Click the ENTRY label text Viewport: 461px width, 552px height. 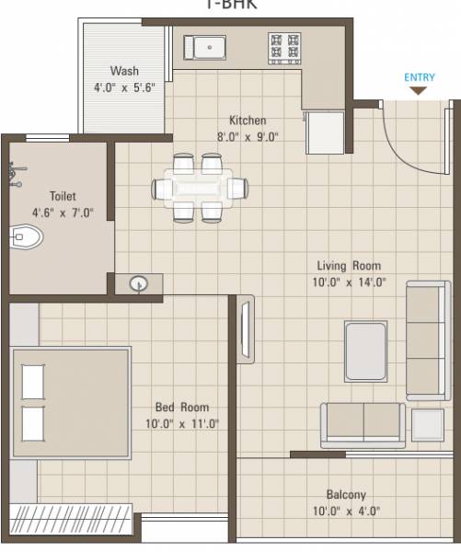coord(419,77)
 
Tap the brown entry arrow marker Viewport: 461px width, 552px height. coord(419,90)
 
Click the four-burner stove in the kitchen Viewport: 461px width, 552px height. coord(283,47)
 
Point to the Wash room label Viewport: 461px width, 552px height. coord(124,71)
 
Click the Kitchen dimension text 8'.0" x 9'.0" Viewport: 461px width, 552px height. coord(247,136)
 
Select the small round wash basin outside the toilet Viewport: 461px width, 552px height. coord(139,284)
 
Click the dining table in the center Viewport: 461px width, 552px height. coord(200,188)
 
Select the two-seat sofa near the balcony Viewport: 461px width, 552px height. coord(363,424)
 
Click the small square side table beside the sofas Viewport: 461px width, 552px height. coord(427,424)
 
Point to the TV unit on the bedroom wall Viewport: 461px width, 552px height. coord(245,329)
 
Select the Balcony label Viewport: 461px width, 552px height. coord(346,494)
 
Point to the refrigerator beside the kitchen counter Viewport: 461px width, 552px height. coord(325,132)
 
